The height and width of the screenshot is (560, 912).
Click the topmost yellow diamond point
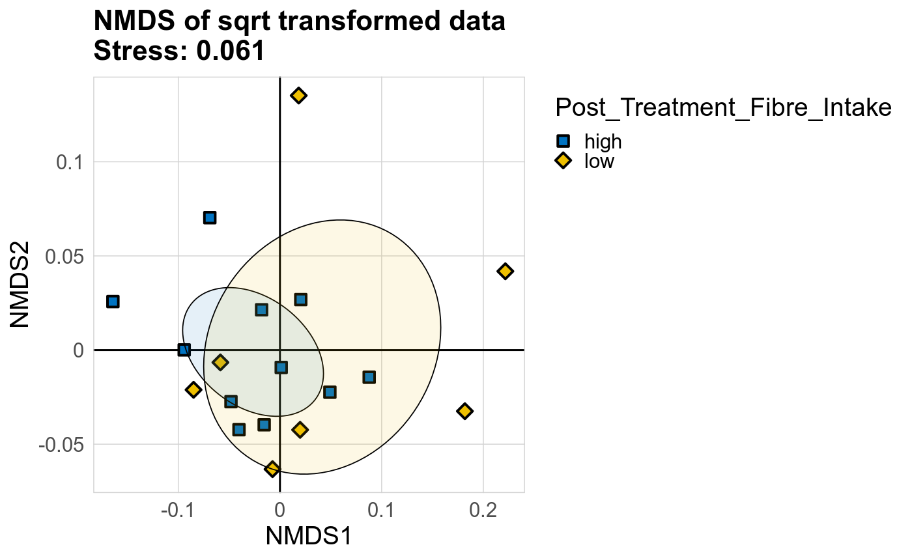coord(298,96)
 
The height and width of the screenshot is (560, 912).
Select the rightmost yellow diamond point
coord(505,272)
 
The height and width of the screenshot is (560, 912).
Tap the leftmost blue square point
coord(113,301)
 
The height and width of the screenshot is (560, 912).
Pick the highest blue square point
coord(209,217)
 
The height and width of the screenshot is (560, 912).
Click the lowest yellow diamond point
coord(272,469)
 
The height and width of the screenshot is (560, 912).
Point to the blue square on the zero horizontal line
coord(184,350)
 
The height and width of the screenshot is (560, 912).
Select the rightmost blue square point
coord(369,377)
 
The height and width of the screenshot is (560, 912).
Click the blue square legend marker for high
coord(563,141)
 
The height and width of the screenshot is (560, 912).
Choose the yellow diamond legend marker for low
coord(563,161)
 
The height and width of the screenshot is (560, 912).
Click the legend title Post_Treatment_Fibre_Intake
coord(722,108)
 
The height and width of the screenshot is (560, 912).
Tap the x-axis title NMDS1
coord(309,537)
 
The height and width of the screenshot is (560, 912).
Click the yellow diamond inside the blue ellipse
coord(220,362)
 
